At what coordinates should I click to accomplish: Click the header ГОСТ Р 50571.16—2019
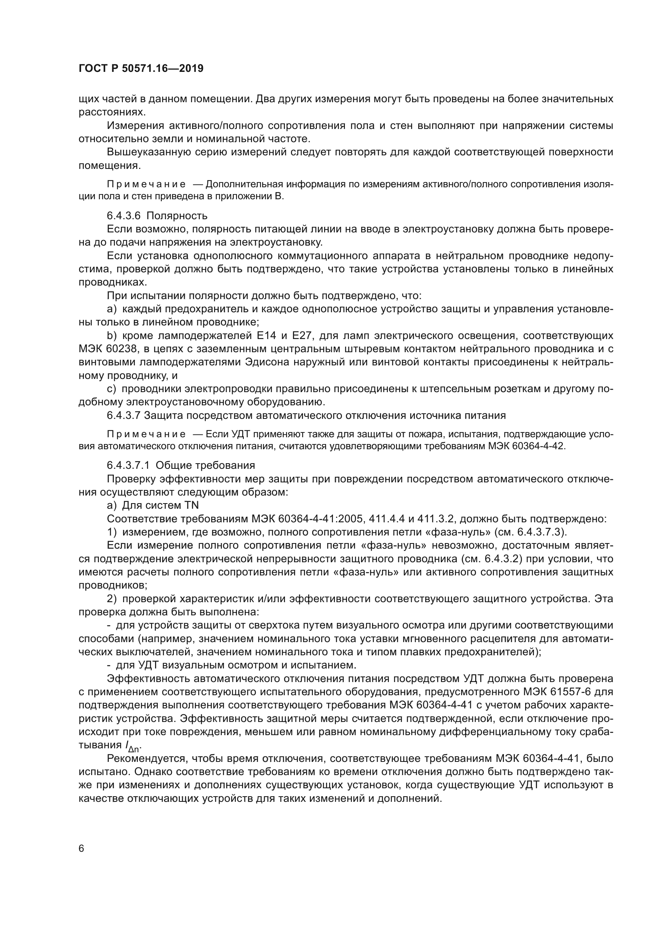(141, 68)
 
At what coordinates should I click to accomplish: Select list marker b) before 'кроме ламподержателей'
(111, 335)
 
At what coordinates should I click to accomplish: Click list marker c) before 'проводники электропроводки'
(111, 389)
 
